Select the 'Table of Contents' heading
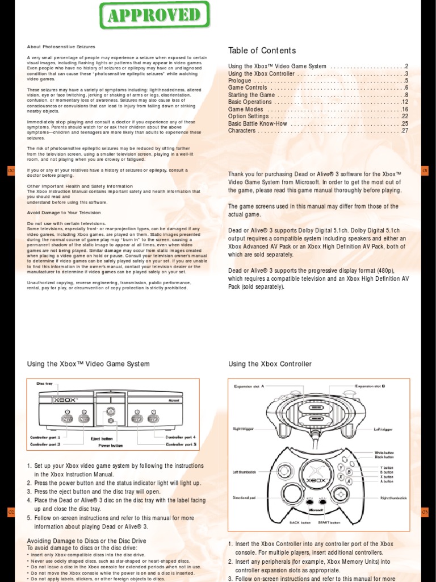(262, 51)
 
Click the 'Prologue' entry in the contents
(240, 81)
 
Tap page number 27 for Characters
(405, 131)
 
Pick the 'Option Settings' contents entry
(249, 117)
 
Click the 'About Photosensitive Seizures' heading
(61, 47)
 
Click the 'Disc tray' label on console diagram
(45, 384)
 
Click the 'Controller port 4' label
(181, 437)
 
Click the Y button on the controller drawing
(340, 467)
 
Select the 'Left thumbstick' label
(244, 472)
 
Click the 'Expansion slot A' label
(249, 386)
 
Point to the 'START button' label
(329, 522)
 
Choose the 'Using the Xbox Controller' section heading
(270, 364)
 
